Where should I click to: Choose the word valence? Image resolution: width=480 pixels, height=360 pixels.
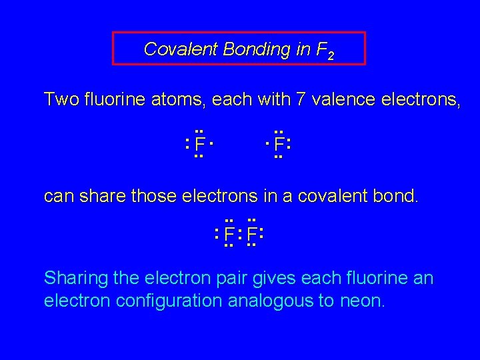[x=339, y=100]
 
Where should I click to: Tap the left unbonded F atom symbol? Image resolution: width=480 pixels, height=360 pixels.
[x=199, y=144]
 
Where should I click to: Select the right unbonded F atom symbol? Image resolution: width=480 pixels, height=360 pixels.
[x=279, y=144]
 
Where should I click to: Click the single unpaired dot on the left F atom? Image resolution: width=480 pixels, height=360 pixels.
[x=211, y=143]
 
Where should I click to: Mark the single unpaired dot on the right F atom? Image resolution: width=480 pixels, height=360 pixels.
[x=267, y=143]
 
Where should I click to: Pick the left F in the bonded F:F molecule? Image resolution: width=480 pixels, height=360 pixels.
[x=229, y=235]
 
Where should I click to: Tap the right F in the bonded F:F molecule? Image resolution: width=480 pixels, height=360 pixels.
[x=251, y=235]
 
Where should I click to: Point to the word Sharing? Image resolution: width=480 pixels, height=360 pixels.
[x=74, y=278]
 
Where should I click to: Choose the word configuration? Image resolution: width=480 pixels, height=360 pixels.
[x=169, y=301]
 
